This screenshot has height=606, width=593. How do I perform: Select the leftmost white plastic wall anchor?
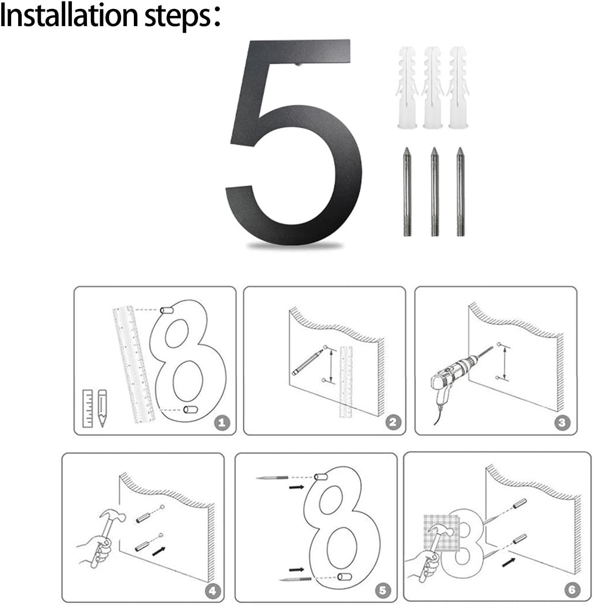pos(407,88)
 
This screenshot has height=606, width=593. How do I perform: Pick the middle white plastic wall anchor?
pos(433,88)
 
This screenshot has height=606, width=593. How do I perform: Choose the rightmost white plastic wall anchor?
pos(458,88)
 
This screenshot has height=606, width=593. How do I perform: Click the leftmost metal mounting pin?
pos(407,191)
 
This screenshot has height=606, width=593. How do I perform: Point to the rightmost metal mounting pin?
pos(460,191)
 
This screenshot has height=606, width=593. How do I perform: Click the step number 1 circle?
pos(222,423)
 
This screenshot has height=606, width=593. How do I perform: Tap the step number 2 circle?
pos(393,422)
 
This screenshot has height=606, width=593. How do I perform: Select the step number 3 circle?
pos(562,423)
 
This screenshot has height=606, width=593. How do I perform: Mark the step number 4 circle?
pos(213,590)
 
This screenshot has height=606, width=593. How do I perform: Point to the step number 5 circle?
pos(382,590)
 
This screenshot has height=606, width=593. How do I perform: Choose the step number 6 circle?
pos(572,590)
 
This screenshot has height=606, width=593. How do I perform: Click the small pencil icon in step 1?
pos(102,408)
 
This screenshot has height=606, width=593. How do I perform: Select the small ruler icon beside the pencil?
pos(88,408)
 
